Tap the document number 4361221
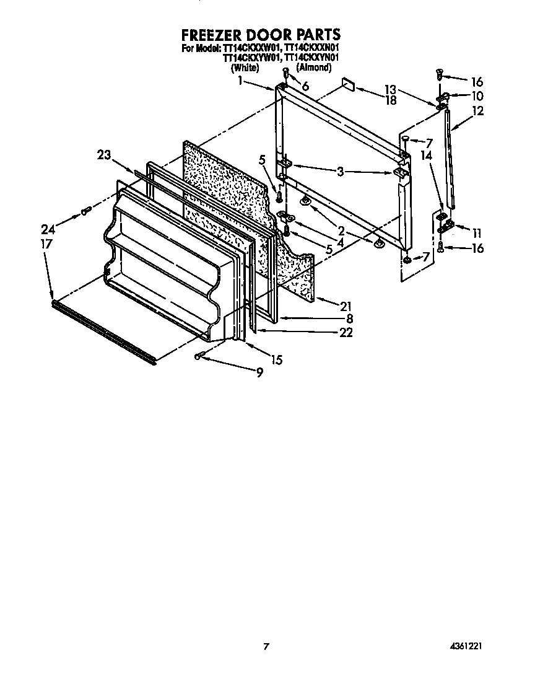[x=465, y=646]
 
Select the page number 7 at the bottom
[x=266, y=646]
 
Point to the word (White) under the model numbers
[x=244, y=67]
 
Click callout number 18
[x=390, y=100]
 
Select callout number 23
[x=105, y=155]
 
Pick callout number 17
[x=47, y=244]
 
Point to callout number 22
[x=346, y=333]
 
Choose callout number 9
[x=259, y=372]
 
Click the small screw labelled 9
[x=200, y=355]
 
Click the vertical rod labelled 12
[x=450, y=161]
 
